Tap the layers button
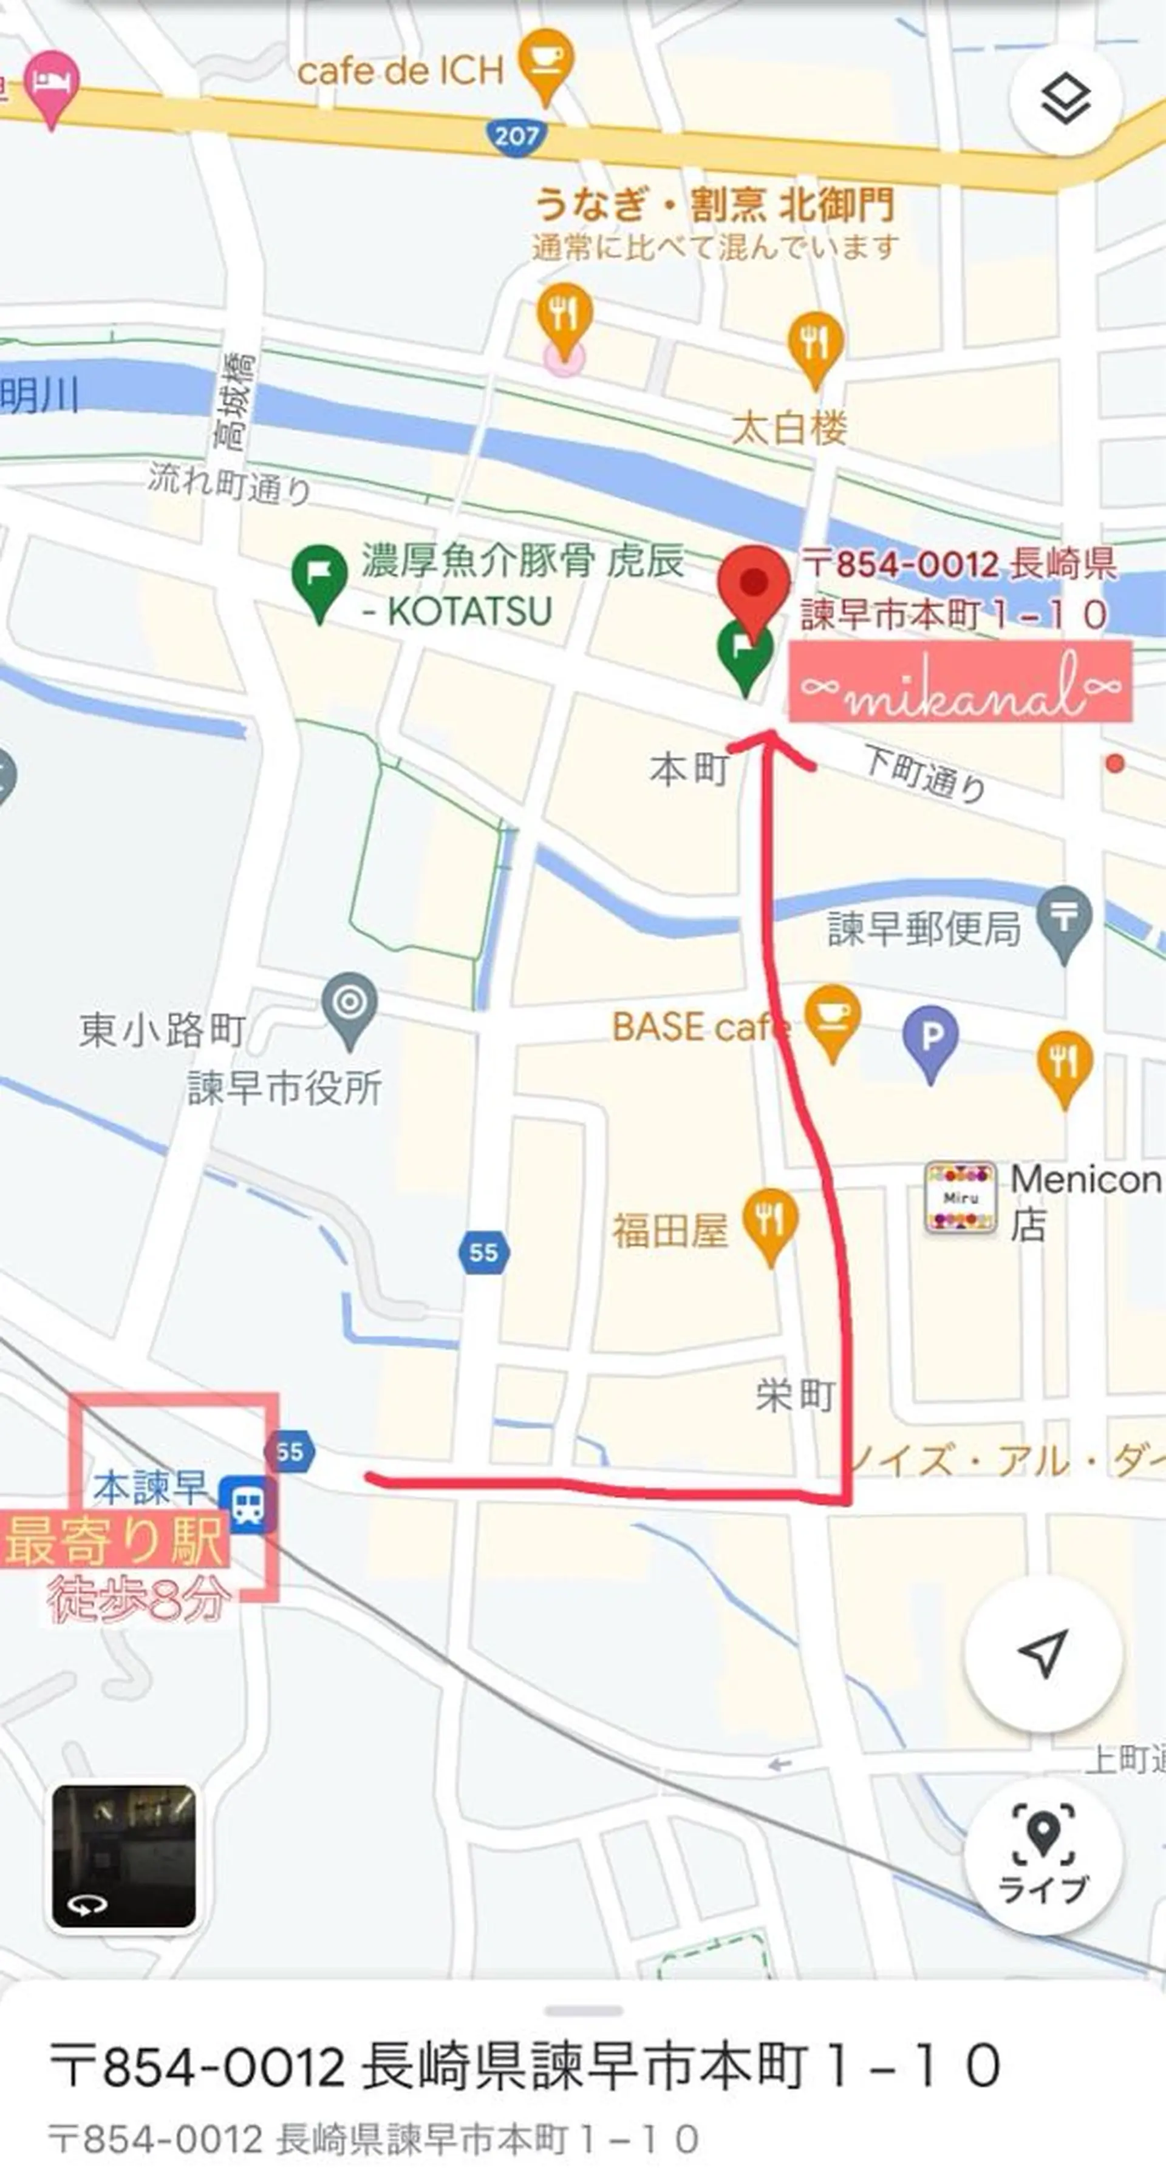click(1065, 101)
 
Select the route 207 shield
click(515, 135)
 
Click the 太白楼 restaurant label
click(789, 427)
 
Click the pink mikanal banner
click(960, 682)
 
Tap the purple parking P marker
click(930, 1038)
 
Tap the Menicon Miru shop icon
click(960, 1197)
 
